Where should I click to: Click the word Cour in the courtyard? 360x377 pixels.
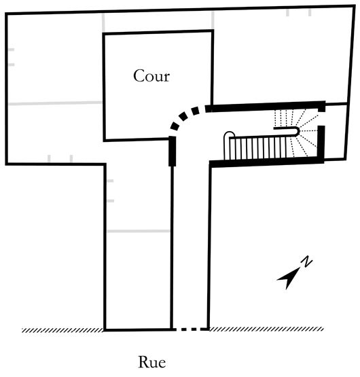(x=151, y=75)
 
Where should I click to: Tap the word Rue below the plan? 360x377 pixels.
(x=152, y=362)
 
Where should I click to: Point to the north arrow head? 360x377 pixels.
(x=289, y=279)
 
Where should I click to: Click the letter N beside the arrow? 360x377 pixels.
(x=306, y=262)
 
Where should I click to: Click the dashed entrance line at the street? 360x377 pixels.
(x=191, y=329)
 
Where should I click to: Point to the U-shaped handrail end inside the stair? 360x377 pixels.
(x=298, y=131)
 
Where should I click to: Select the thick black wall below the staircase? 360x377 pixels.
(x=267, y=162)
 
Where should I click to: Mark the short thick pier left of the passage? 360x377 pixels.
(x=172, y=151)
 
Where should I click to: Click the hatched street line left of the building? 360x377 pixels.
(x=63, y=330)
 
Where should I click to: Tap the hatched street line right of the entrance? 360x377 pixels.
(x=266, y=329)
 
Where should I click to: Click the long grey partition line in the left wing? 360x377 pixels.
(x=55, y=103)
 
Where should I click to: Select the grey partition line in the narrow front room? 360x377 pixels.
(x=139, y=231)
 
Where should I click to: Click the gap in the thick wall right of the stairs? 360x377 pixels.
(x=321, y=119)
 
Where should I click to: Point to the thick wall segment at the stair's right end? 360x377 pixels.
(x=321, y=144)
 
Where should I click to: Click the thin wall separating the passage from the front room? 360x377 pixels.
(x=172, y=248)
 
